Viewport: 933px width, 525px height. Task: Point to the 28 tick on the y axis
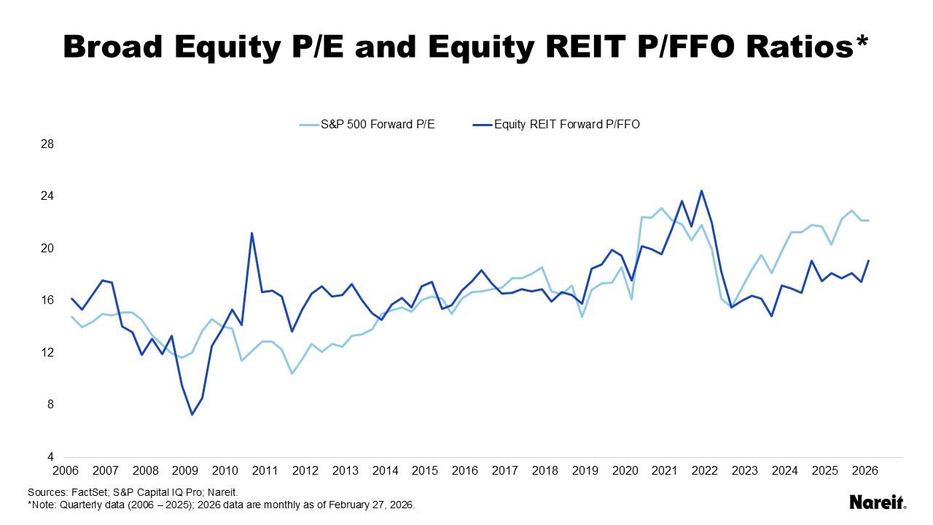tap(47, 144)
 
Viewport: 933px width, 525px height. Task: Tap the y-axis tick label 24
tap(47, 196)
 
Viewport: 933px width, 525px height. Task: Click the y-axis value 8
tap(50, 405)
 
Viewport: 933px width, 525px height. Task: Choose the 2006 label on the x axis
tap(66, 471)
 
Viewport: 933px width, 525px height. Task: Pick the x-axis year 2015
tap(424, 471)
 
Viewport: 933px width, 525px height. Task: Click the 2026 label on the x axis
tap(864, 471)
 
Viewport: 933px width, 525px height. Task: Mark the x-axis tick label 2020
tap(624, 471)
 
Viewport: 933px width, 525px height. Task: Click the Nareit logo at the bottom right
tap(878, 502)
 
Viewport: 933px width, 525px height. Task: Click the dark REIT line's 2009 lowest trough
tap(192, 414)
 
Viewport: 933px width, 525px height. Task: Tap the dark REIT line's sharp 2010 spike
tap(251, 233)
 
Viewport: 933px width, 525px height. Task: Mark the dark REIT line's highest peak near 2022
tap(701, 191)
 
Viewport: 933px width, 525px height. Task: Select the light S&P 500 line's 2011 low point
tap(292, 373)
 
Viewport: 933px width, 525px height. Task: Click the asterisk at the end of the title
tap(862, 41)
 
